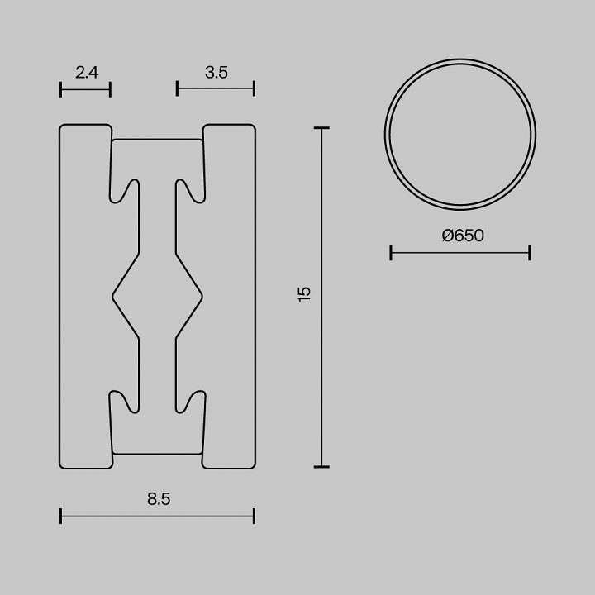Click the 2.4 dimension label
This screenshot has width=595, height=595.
coord(87,73)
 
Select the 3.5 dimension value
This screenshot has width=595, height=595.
coord(216,73)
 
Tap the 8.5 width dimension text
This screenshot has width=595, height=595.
coord(158,498)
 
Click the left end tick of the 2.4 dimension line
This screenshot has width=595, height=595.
coord(61,88)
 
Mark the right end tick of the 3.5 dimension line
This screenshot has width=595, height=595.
coord(254,88)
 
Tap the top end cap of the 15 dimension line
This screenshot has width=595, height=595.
coord(321,128)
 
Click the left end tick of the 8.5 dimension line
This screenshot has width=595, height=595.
coord(61,516)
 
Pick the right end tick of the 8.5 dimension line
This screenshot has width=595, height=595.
coord(254,516)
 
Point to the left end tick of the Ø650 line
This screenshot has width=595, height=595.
coord(391,252)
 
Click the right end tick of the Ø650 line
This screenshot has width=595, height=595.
coord(529,252)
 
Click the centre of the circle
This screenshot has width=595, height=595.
coord(460,135)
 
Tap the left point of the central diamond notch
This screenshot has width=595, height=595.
coord(113,295)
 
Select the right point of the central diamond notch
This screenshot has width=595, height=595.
coord(202,295)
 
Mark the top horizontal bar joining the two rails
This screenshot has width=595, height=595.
coord(157,141)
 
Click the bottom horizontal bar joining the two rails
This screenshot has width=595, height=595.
coord(157,452)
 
